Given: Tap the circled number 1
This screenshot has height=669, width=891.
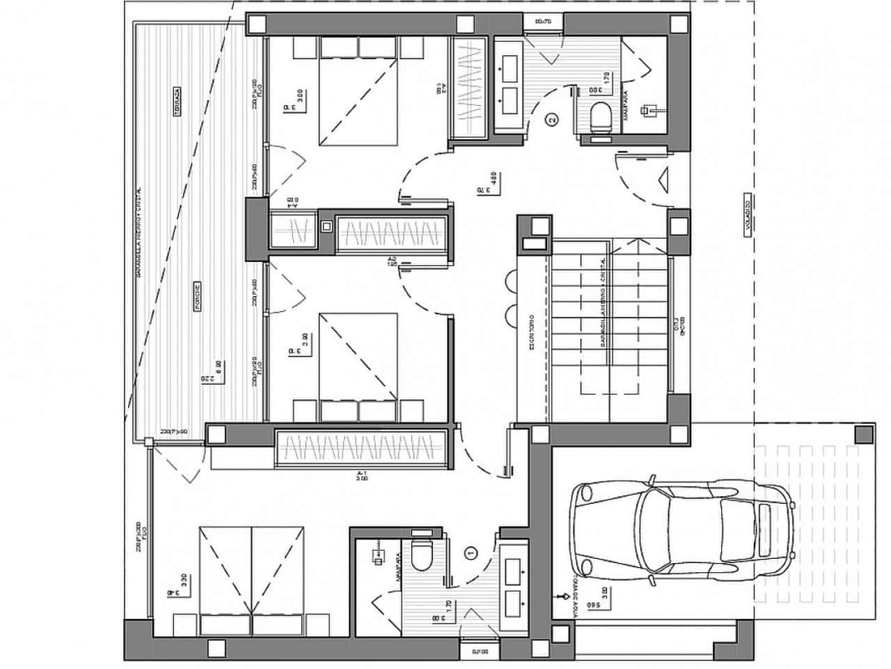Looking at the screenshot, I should pos(471,552).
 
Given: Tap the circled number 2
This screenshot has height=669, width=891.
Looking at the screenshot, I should pos(552,120).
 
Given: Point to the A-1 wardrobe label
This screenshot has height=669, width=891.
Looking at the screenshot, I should pos(361,475).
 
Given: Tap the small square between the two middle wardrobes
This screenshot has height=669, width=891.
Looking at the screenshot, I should pos(326,226).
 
